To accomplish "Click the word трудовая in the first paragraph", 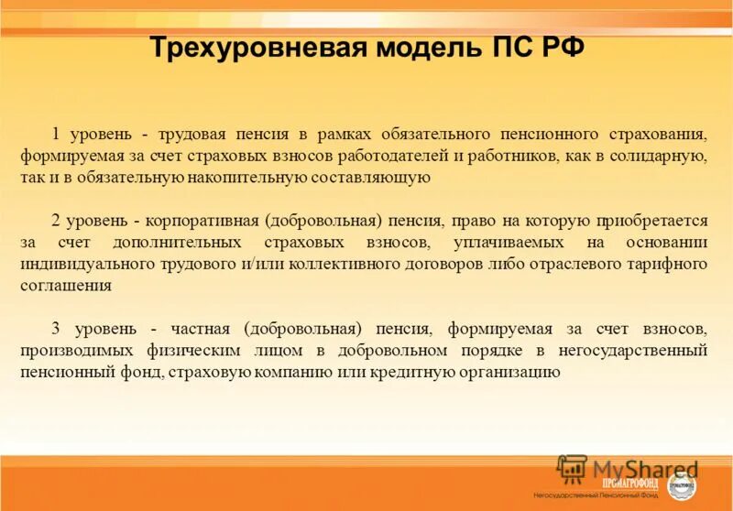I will click(191, 134).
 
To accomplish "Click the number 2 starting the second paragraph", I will click(55, 221).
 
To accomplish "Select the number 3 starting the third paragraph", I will click(55, 328).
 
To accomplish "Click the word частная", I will click(208, 328).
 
